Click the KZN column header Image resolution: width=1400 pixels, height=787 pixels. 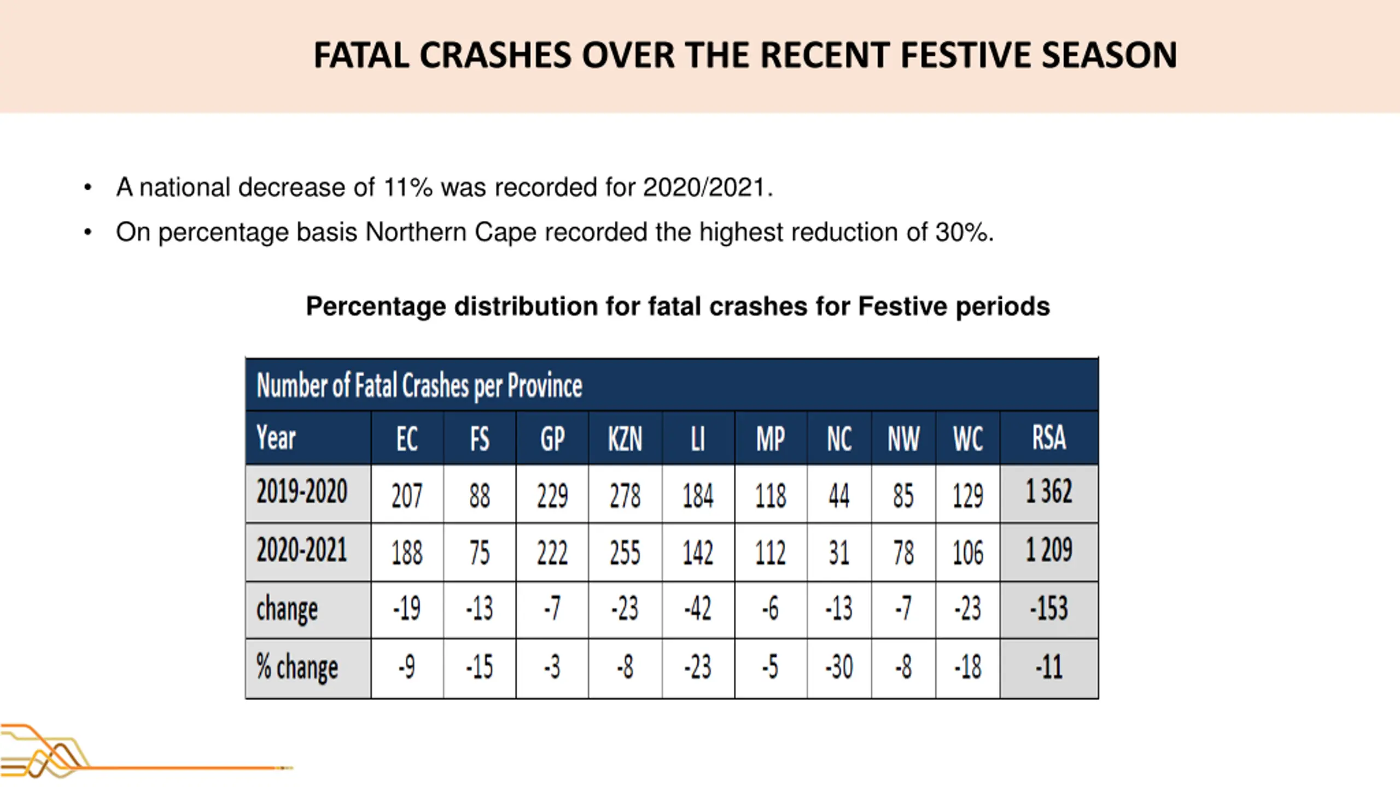pos(625,439)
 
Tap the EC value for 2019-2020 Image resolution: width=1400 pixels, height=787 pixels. pos(407,496)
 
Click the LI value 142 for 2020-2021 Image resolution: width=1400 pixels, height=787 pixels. pos(698,553)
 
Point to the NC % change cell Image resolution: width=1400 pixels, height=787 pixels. pos(839,667)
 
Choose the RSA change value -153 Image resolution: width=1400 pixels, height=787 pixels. pos(1049,608)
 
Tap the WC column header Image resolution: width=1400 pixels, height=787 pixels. pos(968,439)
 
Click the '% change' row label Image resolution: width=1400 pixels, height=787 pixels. pos(297,667)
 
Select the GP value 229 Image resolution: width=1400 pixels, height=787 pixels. pos(552,496)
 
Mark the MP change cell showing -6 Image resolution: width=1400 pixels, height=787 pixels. pos(770,608)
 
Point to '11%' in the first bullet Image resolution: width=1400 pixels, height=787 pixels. pos(409,187)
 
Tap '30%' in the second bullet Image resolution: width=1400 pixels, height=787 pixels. pos(964,232)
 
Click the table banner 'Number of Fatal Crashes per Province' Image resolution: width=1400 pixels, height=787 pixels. pos(419,386)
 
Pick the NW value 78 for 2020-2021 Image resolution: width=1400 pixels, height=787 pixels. pos(903,553)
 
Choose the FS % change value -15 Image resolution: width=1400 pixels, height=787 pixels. pos(479,667)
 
